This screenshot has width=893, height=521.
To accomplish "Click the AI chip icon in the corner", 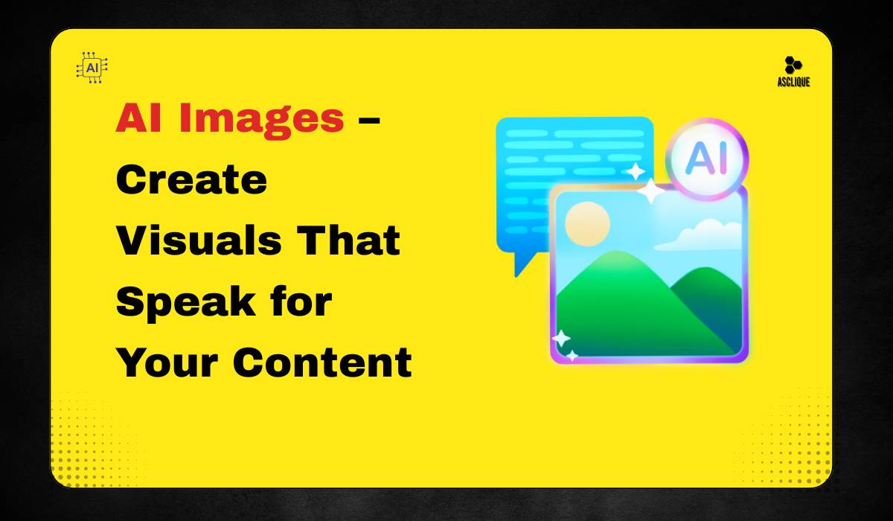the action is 92,68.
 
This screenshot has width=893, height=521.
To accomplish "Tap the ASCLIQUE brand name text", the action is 793,82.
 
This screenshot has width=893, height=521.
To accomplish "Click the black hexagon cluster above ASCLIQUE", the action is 793,65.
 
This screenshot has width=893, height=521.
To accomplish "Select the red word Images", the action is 261,119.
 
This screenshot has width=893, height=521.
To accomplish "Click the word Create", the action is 191,179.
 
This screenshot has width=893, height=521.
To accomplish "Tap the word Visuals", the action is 199,240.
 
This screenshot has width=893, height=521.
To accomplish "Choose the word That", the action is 348,240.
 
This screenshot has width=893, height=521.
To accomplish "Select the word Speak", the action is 186,303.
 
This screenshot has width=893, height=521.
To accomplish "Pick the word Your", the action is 167,362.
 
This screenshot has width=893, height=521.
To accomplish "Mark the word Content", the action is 322,362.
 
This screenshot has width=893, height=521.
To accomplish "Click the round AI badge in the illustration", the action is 707,159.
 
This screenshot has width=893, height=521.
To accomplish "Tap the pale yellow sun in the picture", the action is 587,223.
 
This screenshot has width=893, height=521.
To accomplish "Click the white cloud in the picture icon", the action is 700,235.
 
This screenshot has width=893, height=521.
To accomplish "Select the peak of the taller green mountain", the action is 617,252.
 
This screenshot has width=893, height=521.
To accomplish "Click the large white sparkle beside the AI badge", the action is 650,191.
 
